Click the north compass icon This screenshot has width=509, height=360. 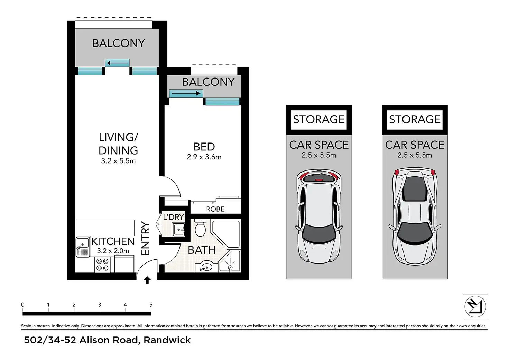[x=475, y=306]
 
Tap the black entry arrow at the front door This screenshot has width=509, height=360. [x=147, y=280]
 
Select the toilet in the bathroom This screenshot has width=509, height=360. [x=200, y=228]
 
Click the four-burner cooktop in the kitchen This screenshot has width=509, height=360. [x=102, y=265]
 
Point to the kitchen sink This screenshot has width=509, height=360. [x=83, y=247]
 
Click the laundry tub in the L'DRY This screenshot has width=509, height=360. [x=179, y=230]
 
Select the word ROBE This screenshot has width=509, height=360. [x=215, y=209]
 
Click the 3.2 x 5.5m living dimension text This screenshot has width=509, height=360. [x=118, y=161]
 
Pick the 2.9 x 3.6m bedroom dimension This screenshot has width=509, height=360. [x=204, y=157]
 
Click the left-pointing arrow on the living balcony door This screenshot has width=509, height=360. [x=117, y=63]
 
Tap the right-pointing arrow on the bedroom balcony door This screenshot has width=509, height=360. [x=186, y=93]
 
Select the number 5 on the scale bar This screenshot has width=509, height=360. [x=151, y=305]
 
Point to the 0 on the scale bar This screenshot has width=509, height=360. [x=22, y=305]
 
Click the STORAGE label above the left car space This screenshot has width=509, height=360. [x=319, y=119]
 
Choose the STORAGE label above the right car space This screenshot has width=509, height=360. [x=415, y=119]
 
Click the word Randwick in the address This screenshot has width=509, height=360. [x=167, y=340]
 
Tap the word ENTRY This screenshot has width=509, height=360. [x=146, y=238]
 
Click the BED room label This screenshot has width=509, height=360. [x=204, y=147]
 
